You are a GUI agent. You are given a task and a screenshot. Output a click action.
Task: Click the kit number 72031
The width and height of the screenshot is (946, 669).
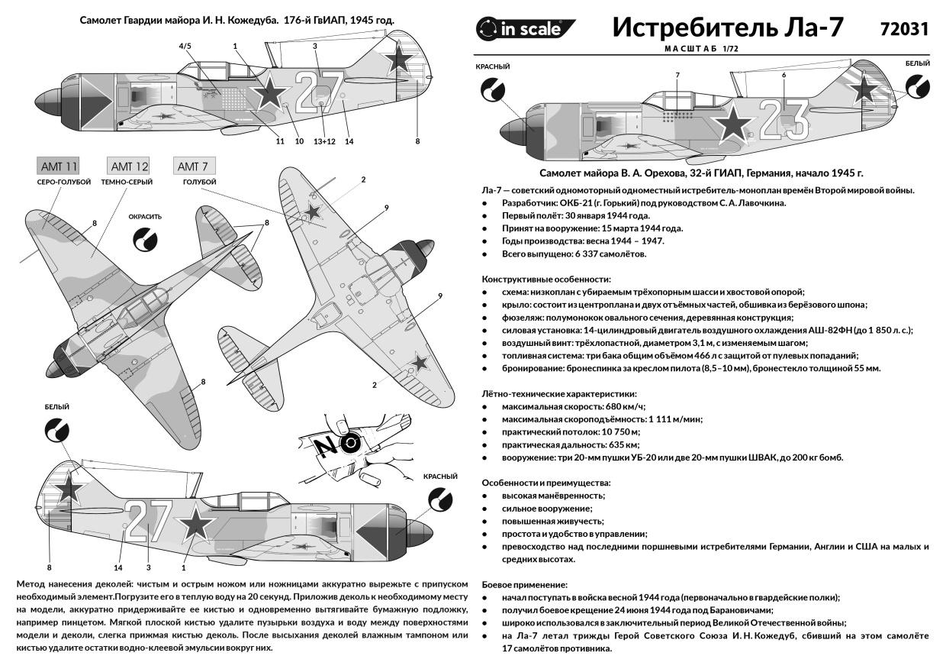tap(903, 29)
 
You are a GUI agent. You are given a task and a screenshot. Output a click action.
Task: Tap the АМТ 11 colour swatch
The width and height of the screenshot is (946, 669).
tap(58, 166)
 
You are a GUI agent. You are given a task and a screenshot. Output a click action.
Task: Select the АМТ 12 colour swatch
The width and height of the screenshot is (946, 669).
tap(129, 166)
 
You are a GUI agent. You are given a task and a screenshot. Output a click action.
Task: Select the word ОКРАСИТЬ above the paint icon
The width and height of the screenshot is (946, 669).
tap(145, 216)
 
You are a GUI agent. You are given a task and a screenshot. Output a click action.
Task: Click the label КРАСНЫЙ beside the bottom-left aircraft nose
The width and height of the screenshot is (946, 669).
tap(440, 476)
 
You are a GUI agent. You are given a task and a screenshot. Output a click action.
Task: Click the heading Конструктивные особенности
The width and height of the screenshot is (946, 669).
tap(546, 280)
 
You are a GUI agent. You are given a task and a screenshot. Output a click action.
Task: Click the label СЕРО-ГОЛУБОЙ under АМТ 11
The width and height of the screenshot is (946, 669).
tap(64, 183)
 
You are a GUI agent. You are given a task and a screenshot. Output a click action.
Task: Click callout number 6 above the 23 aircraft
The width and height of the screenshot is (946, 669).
tap(783, 75)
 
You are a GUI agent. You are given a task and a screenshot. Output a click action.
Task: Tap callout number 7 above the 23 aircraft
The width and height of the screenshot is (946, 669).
tap(677, 75)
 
